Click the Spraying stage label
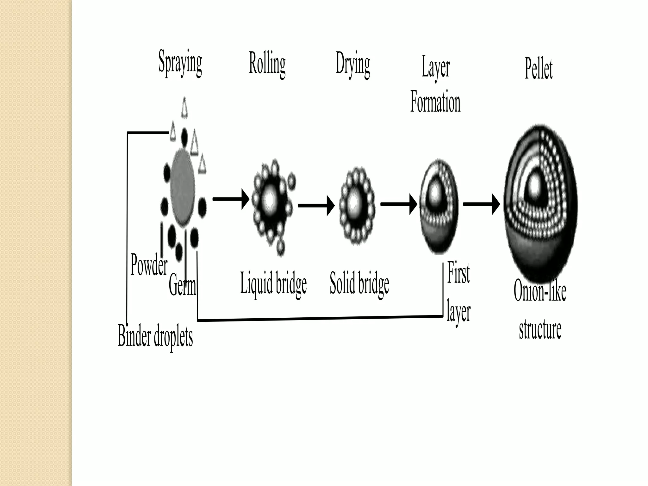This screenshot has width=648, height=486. pyautogui.click(x=180, y=63)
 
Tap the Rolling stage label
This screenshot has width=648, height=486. pyautogui.click(x=267, y=65)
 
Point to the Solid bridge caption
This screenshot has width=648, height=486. pyautogui.click(x=359, y=284)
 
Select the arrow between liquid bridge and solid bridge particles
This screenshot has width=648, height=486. pyautogui.click(x=316, y=206)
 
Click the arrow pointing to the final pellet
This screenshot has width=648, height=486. pyautogui.click(x=481, y=204)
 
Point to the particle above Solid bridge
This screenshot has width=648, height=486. pyautogui.click(x=357, y=206)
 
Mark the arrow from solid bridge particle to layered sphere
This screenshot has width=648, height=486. pyautogui.click(x=399, y=204)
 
